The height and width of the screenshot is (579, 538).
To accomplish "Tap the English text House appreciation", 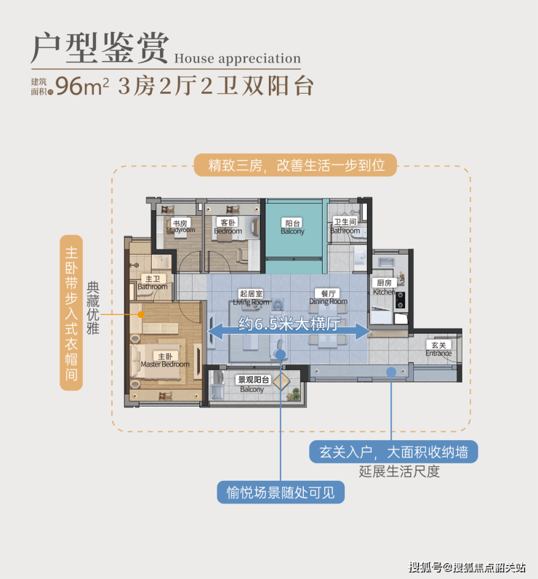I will coord(237,58).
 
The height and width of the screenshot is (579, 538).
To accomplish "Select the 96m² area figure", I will coord(82,86).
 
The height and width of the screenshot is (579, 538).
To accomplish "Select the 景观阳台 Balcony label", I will coord(252,384).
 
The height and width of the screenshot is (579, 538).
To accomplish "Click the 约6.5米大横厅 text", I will coord(289,325).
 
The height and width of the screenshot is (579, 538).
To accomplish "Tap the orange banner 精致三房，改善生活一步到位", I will coord(295,166).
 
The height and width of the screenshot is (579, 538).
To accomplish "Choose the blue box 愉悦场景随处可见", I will coord(281,492).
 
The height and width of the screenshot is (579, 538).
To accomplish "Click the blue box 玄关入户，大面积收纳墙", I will coord(393,452).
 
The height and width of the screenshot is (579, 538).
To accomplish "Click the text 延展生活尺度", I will coord(399,471).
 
